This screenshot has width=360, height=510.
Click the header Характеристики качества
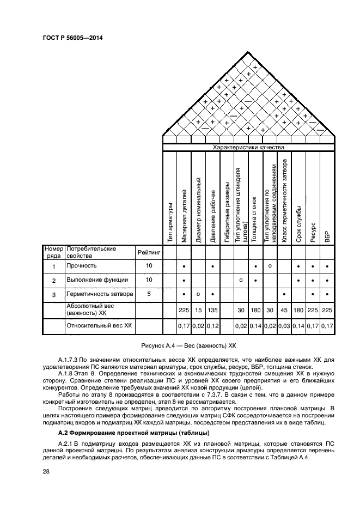(248, 147)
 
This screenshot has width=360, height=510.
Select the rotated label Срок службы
(298, 224)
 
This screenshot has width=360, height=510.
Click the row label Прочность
(81, 266)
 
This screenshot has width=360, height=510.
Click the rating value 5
(149, 294)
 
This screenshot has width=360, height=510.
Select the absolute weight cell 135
(213, 310)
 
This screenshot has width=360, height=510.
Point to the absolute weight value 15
(198, 310)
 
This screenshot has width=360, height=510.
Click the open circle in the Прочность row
(270, 265)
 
